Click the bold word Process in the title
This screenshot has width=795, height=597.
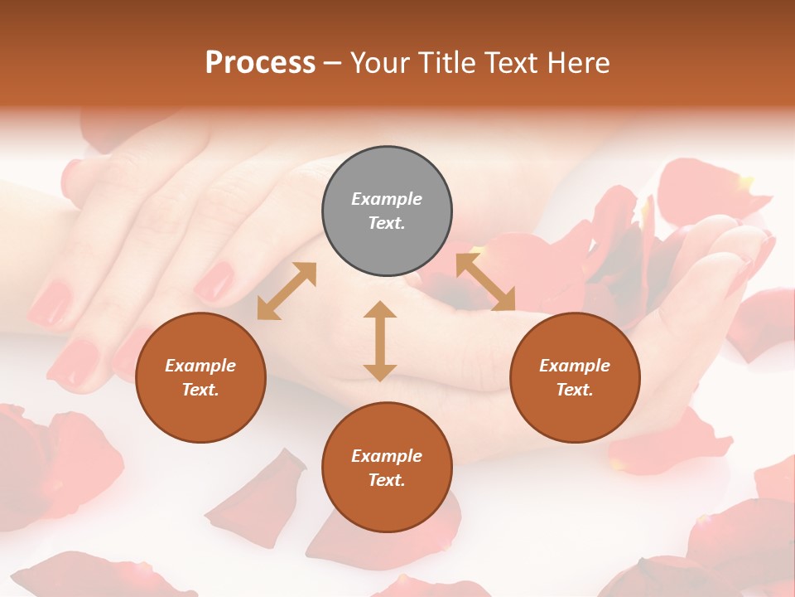point(260,63)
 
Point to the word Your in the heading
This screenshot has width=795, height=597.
point(382,63)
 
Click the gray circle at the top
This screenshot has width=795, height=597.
point(387,211)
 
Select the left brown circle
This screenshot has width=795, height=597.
point(200,377)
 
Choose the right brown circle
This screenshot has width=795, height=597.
point(575,377)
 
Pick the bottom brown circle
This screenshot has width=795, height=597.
point(387,468)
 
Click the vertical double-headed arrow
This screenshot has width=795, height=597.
point(380,341)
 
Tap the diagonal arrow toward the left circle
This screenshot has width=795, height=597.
point(287,291)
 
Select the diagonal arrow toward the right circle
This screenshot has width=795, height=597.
point(485,282)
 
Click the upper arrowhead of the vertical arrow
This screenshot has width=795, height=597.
point(380,310)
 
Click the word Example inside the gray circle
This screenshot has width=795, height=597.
point(387,199)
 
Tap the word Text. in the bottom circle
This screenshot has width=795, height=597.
point(387,480)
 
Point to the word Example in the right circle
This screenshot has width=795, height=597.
point(575,366)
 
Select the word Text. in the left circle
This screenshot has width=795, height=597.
point(200,390)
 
